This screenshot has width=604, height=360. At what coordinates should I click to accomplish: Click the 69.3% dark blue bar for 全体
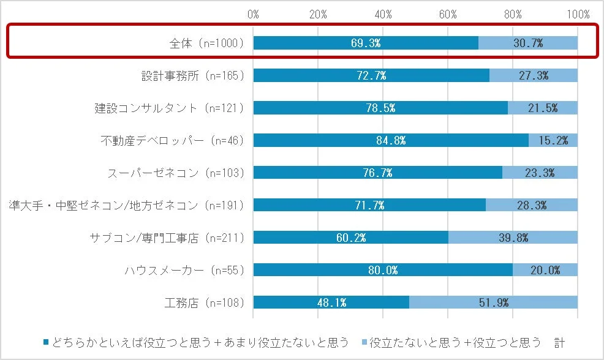click(365, 43)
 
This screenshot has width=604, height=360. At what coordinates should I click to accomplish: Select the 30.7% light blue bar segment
click(527, 43)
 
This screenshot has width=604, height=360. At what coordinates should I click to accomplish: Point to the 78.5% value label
click(380, 108)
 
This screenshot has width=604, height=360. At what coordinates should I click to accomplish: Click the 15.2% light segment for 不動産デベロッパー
click(553, 140)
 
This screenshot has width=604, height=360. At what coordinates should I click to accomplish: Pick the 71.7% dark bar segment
click(369, 205)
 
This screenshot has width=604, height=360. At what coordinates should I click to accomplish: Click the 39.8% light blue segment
click(513, 238)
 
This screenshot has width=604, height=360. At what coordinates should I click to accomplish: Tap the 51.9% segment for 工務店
click(493, 302)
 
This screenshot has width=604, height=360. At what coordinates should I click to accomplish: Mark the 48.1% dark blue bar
click(331, 302)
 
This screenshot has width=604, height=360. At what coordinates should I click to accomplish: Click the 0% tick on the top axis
click(253, 13)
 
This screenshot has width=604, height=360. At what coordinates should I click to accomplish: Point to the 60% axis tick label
click(448, 13)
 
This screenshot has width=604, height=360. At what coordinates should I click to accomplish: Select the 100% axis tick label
click(578, 13)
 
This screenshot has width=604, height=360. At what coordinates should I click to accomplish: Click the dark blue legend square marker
click(46, 341)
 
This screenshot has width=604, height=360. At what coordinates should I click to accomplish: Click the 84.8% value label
click(391, 140)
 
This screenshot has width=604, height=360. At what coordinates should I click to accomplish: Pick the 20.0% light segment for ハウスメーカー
click(545, 270)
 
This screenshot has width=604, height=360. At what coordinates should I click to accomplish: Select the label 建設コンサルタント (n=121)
click(169, 108)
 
